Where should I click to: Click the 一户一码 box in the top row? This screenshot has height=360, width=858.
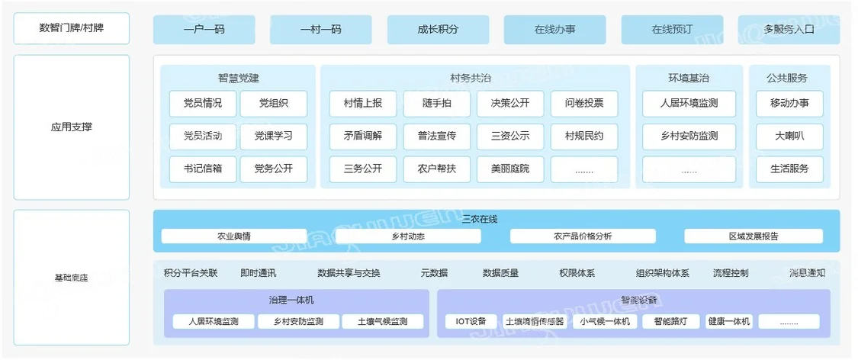(x=204, y=30)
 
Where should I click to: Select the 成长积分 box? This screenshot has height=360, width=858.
(x=438, y=30)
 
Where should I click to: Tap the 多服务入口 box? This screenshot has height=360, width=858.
(x=789, y=30)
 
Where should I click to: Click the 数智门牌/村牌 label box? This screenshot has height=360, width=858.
(x=72, y=29)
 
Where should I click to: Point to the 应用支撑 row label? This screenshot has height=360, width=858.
(x=72, y=127)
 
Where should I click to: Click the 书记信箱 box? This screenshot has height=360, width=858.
(x=203, y=169)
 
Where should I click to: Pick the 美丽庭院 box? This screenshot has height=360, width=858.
(x=510, y=169)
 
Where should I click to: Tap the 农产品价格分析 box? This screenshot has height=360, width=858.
(x=583, y=236)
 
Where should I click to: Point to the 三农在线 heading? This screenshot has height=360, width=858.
(x=480, y=220)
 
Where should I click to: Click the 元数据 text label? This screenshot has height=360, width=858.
(x=434, y=273)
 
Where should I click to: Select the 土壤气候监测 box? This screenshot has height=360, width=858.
(x=382, y=322)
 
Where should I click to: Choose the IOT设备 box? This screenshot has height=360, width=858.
(x=471, y=322)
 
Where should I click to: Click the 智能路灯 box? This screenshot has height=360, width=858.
(x=670, y=322)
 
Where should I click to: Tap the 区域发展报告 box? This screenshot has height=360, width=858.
(x=754, y=236)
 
